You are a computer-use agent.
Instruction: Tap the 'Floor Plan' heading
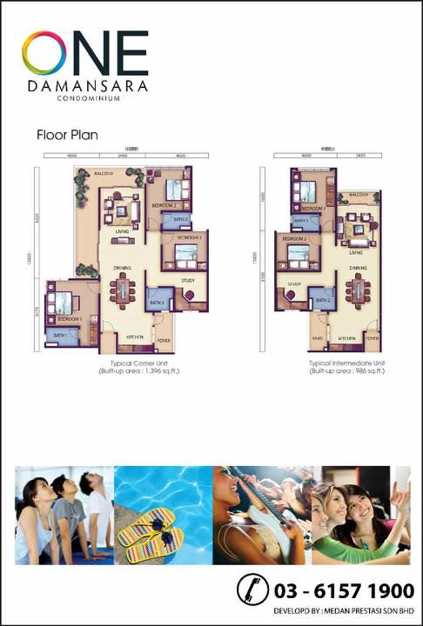point(67,136)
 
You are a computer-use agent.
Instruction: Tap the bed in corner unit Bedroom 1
point(64,303)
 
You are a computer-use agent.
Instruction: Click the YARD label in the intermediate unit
point(318,336)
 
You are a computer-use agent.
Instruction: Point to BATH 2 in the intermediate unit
point(323,300)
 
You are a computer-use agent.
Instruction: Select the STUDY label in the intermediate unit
point(293,284)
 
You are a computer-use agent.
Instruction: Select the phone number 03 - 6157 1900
point(345,591)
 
